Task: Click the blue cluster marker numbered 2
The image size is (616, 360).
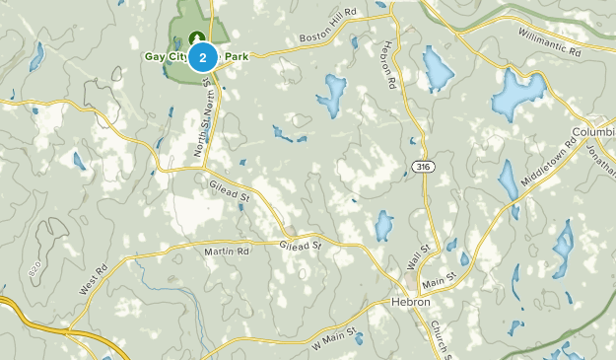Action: [x=203, y=58]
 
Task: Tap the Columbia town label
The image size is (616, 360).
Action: [x=593, y=132]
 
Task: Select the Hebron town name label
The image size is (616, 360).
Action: [x=410, y=302]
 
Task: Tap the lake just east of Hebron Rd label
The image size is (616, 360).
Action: [x=438, y=69]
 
